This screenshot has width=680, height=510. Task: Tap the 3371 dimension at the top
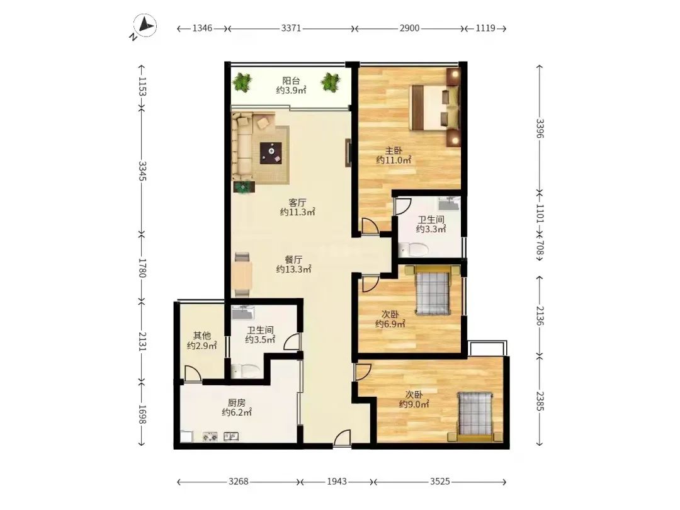coord(291,28)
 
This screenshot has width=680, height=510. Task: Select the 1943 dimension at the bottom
coord(336,482)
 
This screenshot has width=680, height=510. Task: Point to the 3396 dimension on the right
coord(540,128)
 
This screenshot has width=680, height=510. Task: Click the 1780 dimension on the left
coord(142,268)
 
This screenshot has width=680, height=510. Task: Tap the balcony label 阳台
coord(291,81)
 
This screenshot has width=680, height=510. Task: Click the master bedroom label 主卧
coord(394,151)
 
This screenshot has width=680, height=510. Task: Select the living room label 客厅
coord(297,203)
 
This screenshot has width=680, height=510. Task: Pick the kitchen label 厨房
coord(236,403)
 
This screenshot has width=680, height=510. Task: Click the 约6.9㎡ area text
coord(390,324)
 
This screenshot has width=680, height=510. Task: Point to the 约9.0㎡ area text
coord(414,404)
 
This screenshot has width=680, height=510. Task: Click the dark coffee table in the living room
coord(271,153)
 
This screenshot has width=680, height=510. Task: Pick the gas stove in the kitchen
coord(210,437)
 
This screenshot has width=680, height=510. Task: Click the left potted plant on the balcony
coord(242,82)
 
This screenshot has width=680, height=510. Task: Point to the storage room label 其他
coord(201,335)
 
